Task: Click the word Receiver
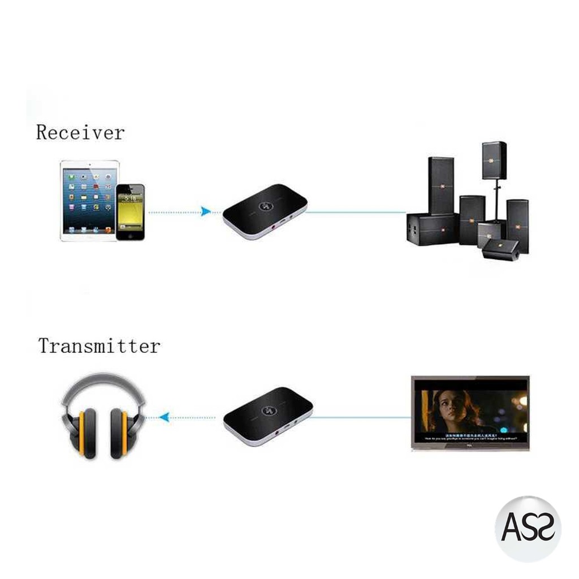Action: pos(80,132)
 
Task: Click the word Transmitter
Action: pos(100,345)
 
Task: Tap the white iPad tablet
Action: pos(89,200)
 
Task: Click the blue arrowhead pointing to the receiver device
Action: pos(206,211)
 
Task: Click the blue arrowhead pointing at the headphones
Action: pos(164,417)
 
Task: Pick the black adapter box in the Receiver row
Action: pos(264,211)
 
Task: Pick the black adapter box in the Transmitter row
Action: pos(267,416)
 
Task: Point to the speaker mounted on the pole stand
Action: pos(494,160)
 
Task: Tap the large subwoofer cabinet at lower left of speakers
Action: pos(431,228)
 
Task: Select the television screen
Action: pos(470,412)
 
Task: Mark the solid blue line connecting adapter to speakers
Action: pos(356,212)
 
